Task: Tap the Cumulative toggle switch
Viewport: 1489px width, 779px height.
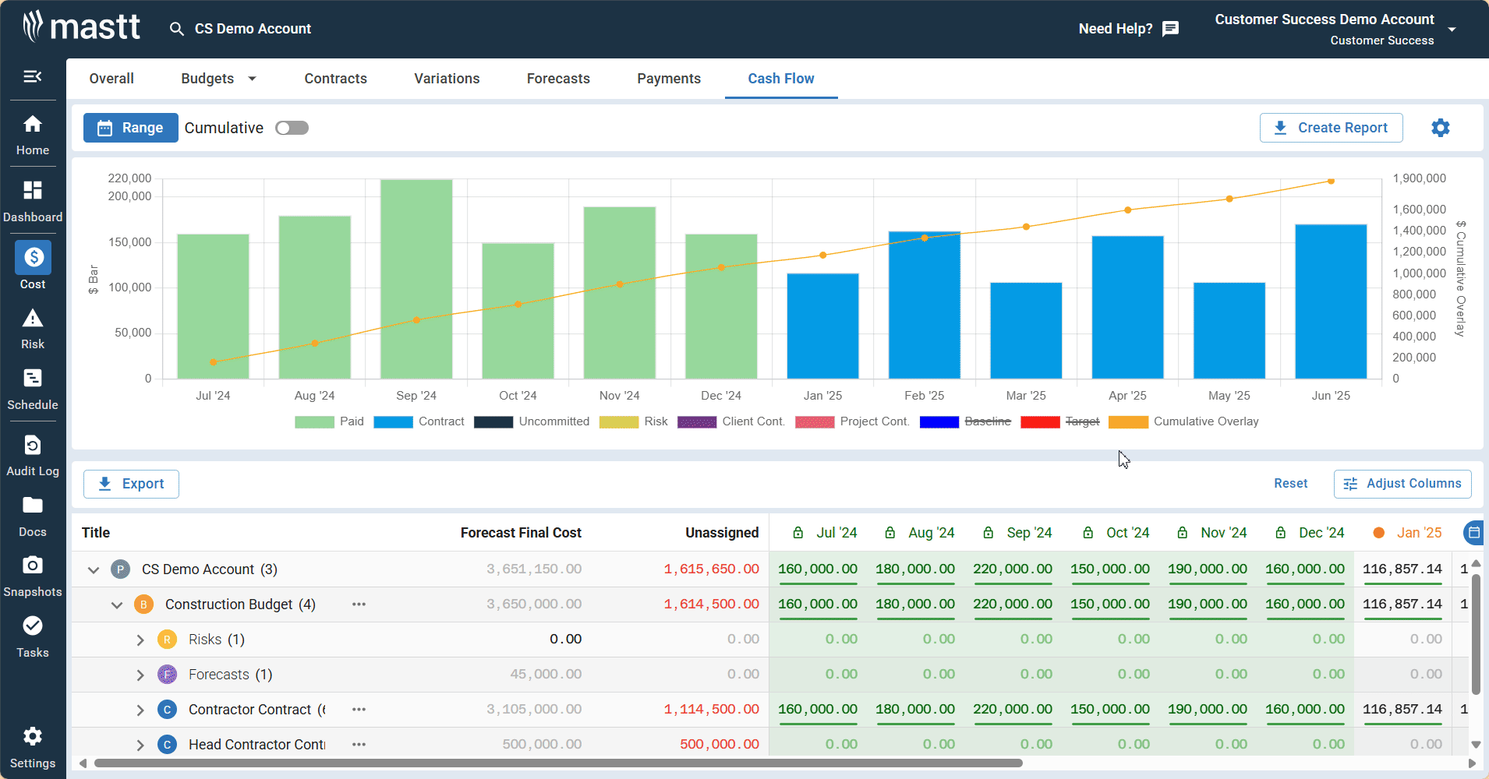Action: pos(292,128)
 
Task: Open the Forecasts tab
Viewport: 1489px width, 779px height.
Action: pos(558,79)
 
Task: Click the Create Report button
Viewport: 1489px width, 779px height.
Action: pos(1331,128)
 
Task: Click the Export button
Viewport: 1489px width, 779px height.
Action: pos(131,484)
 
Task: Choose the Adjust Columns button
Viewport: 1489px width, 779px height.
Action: pos(1402,484)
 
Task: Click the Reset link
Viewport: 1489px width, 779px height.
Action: pos(1290,484)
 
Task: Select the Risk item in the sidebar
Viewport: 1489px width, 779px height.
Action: pos(33,329)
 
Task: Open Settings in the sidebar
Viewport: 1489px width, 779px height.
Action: pos(33,747)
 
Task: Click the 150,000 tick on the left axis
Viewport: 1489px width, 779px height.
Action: pos(130,242)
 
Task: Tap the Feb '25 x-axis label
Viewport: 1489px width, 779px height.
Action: pos(924,396)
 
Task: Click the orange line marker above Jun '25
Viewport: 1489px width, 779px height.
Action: pos(1331,181)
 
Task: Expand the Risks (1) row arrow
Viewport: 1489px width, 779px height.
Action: pos(140,640)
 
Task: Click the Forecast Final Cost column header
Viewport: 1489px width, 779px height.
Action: pos(521,533)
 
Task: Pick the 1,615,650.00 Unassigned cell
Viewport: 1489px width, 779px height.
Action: pos(711,569)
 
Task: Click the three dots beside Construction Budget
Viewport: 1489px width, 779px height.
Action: pos(359,605)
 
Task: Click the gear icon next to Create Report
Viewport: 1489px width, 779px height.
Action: pos(1440,128)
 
